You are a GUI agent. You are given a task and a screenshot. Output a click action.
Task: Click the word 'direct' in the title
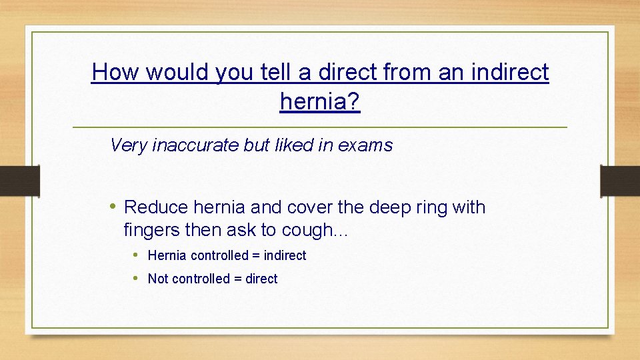pyautogui.click(x=353, y=72)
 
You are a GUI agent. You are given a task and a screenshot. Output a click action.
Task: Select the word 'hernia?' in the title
pyautogui.click(x=320, y=101)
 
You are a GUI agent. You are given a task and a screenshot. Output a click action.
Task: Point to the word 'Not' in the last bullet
pyautogui.click(x=158, y=279)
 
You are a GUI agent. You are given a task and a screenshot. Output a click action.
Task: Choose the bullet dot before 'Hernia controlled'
pyautogui.click(x=135, y=255)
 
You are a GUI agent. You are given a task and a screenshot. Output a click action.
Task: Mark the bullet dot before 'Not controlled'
pyautogui.click(x=135, y=279)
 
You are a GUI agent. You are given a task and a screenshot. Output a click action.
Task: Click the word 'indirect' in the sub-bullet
pyautogui.click(x=285, y=255)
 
